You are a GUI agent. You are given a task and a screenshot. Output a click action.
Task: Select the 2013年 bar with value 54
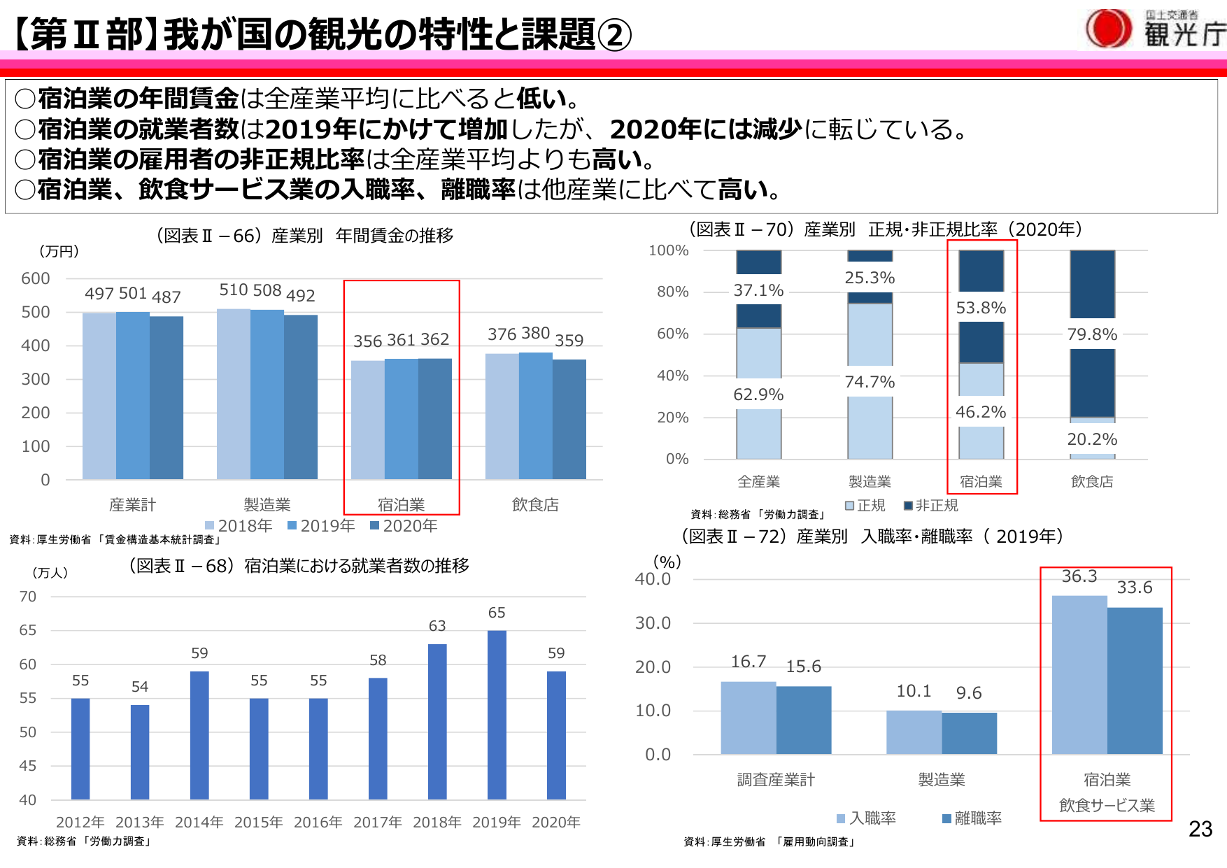(140, 751)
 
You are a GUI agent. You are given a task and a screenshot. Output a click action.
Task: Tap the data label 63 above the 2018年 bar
(437, 626)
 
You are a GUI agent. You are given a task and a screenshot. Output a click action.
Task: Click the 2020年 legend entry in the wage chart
(404, 526)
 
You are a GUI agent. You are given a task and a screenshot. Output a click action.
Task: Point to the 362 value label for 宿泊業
(434, 339)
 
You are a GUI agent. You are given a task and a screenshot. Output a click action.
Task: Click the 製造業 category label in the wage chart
(267, 504)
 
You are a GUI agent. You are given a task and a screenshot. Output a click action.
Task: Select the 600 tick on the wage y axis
(36, 278)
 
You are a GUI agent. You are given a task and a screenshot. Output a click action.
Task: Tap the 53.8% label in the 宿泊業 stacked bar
(981, 308)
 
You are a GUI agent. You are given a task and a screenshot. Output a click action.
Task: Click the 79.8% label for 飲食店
(1092, 334)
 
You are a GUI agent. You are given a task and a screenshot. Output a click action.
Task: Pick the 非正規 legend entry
(931, 505)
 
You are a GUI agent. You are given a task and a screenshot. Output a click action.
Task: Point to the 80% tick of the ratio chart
(672, 292)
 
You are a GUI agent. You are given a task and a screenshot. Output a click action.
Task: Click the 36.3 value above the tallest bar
(1079, 576)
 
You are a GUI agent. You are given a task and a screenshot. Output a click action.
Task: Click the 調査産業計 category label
(776, 779)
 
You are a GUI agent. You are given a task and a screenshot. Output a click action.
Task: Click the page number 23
(1200, 829)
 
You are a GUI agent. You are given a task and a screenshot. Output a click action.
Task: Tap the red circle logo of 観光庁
(1108, 29)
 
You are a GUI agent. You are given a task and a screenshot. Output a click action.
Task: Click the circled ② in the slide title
(615, 34)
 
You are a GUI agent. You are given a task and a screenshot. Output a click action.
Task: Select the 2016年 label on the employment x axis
(318, 822)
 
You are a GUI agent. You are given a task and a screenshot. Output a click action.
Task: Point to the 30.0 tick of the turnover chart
(653, 623)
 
